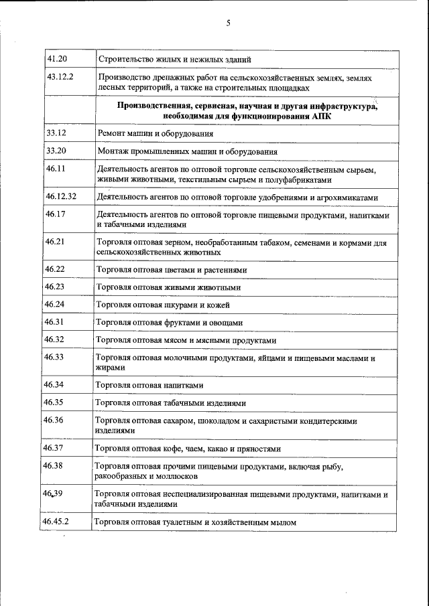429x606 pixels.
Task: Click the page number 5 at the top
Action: pyautogui.click(x=228, y=23)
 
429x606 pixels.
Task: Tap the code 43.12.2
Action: pyautogui.click(x=60, y=77)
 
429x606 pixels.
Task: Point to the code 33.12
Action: pyautogui.click(x=56, y=133)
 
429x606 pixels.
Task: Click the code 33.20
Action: pyautogui.click(x=56, y=151)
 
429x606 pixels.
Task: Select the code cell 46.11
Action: pyautogui.click(x=56, y=169)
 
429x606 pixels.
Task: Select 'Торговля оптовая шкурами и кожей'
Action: pyautogui.click(x=163, y=305)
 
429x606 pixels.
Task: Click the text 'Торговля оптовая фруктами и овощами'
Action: pyautogui.click(x=169, y=323)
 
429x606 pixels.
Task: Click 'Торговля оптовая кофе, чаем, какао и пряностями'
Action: pyautogui.click(x=188, y=449)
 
